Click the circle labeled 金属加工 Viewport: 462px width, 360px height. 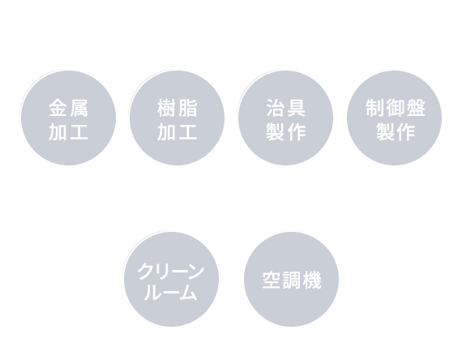[x=68, y=118]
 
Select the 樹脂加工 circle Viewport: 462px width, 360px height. [x=177, y=118]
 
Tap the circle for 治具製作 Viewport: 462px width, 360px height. [x=285, y=118]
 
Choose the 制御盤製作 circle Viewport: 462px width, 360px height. [x=394, y=118]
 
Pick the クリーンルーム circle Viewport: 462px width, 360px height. [x=171, y=279]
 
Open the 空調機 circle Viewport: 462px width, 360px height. [x=291, y=279]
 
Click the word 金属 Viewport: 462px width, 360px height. [x=68, y=108]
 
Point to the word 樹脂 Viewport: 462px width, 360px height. [x=177, y=108]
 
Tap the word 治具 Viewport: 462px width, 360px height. [x=286, y=108]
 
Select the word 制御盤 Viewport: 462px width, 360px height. [x=396, y=108]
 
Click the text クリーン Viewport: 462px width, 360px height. [x=171, y=271]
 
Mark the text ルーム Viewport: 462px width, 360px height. [x=170, y=293]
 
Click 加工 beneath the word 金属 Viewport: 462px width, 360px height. [x=68, y=132]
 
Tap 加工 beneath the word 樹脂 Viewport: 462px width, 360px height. [x=177, y=132]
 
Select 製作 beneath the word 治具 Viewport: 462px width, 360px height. [x=286, y=132]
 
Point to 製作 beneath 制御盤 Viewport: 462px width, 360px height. [x=396, y=132]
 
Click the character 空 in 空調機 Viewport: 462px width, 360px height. [x=272, y=280]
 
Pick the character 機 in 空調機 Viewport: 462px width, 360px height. [x=312, y=280]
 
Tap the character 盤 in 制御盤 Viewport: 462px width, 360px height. [x=416, y=108]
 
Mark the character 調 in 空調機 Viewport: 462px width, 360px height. [x=292, y=280]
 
